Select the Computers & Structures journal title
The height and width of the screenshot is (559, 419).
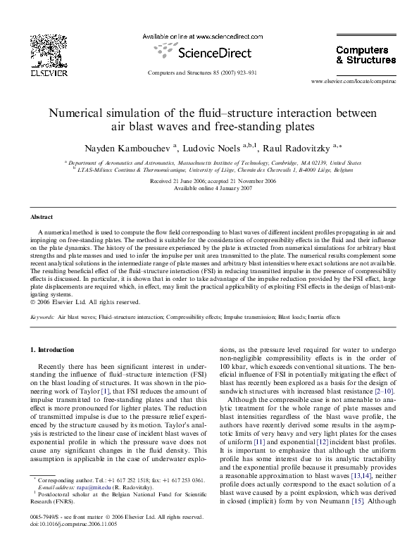pyautogui.click(x=362, y=55)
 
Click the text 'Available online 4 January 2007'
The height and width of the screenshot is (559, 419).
pyautogui.click(x=204, y=187)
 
